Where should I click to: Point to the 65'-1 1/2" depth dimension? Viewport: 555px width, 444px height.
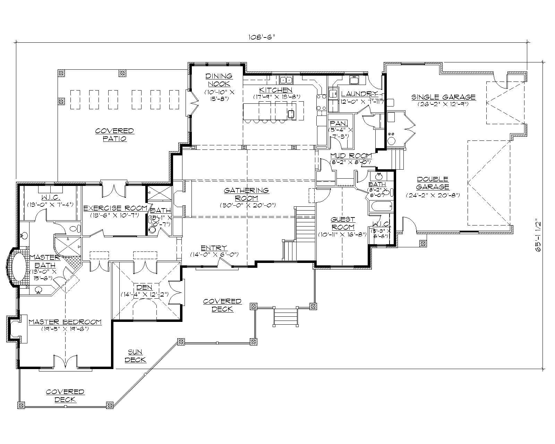click(x=538, y=234)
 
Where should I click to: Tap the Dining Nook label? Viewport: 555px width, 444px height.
click(x=219, y=80)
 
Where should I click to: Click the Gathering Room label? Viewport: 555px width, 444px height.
click(x=246, y=194)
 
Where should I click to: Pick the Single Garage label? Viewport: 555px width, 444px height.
click(x=443, y=97)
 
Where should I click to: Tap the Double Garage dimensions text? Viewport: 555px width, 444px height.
click(x=433, y=195)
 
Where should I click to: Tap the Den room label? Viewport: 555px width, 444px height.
click(x=144, y=287)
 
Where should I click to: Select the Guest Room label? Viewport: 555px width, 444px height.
click(x=343, y=223)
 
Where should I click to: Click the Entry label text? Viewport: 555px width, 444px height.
click(x=214, y=248)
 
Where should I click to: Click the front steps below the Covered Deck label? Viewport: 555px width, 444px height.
click(x=286, y=317)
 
